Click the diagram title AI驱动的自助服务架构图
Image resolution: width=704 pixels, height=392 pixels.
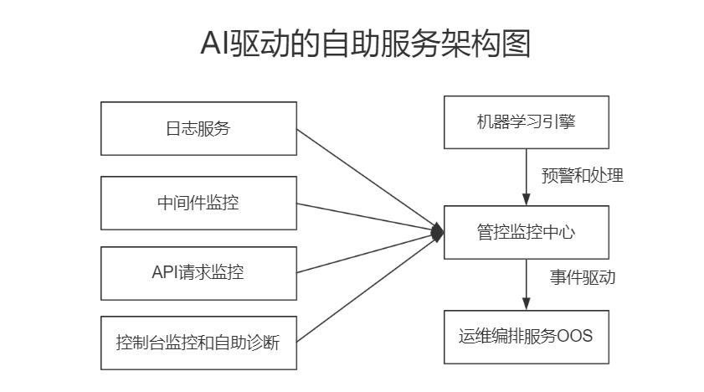[365, 44]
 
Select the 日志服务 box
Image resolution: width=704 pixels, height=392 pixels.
[198, 128]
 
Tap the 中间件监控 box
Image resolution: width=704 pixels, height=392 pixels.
[198, 203]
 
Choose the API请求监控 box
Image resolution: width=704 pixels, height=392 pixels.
[198, 272]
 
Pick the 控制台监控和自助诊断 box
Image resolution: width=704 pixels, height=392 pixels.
[198, 343]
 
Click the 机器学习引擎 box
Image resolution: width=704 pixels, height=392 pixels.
[526, 122]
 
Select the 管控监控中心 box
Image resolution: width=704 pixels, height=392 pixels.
[526, 232]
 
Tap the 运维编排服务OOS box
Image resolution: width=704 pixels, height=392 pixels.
[526, 337]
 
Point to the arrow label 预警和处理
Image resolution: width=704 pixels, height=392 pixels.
[582, 176]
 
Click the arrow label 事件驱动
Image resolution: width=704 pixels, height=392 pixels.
[582, 277]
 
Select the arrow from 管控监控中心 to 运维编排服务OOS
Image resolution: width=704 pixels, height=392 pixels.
[526, 285]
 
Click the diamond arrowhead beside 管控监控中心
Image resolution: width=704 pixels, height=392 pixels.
[437, 232]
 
